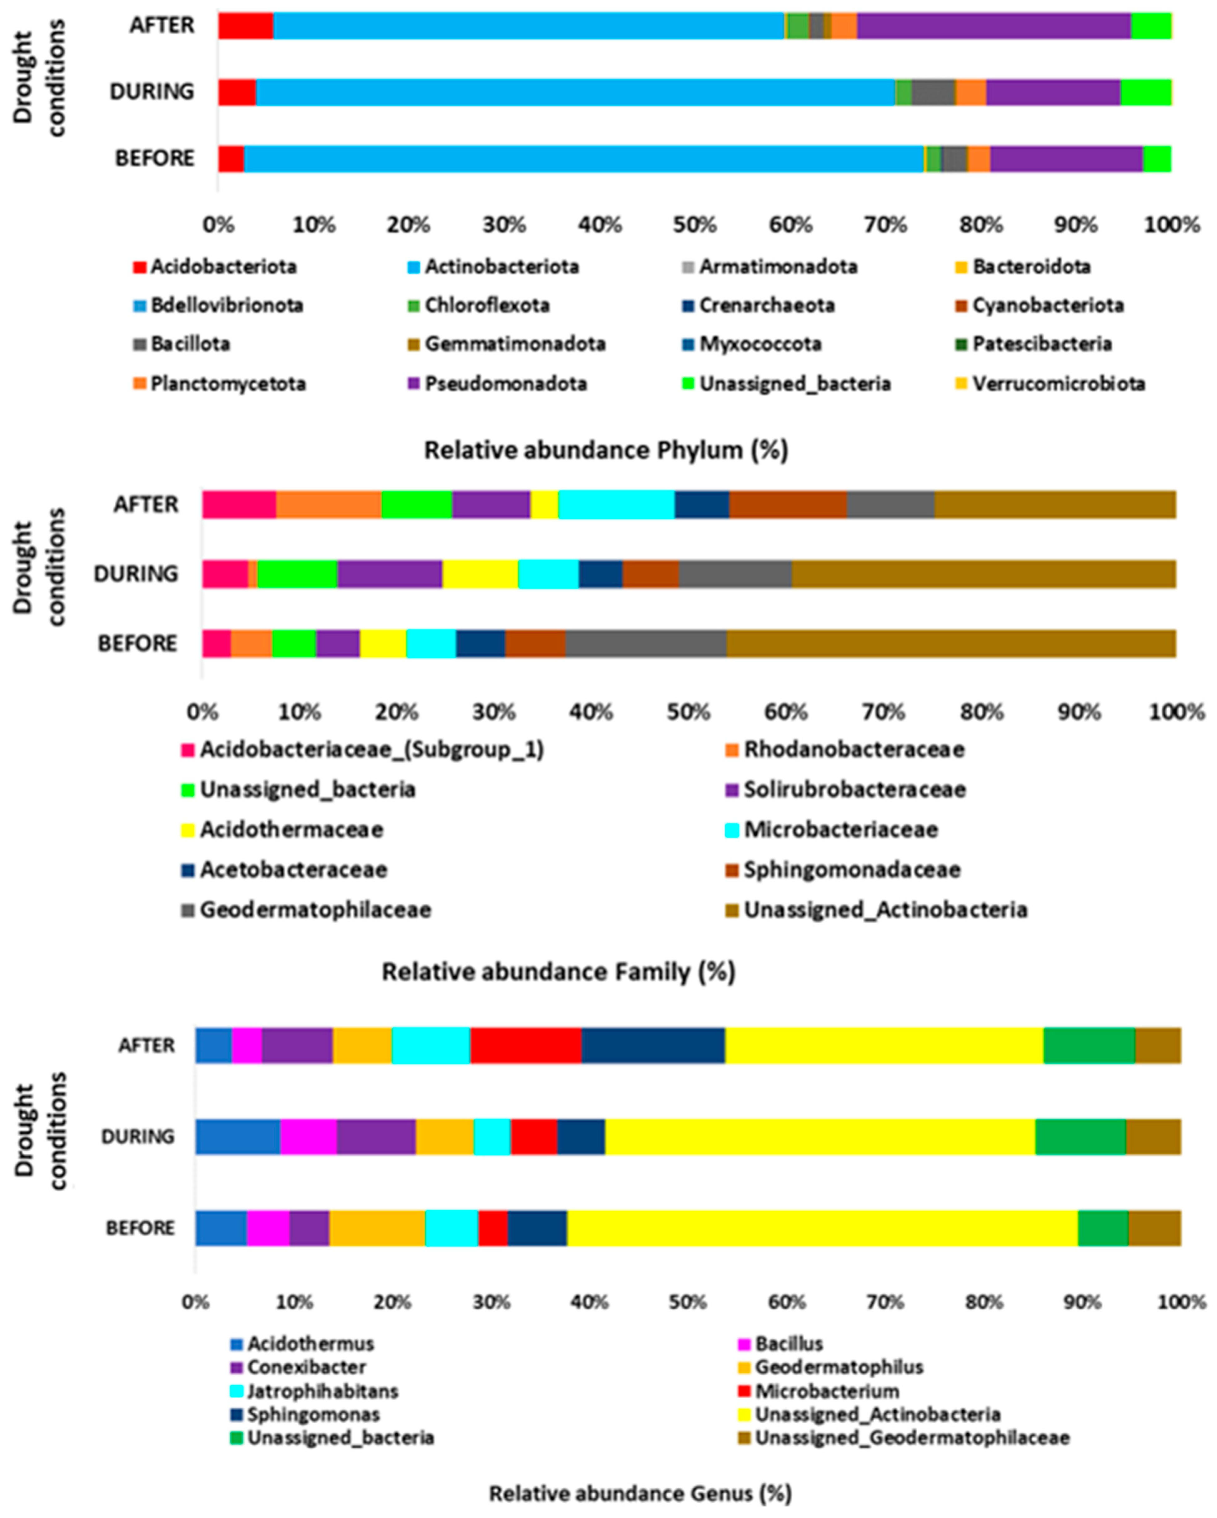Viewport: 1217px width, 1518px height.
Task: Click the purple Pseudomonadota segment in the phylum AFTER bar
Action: coord(993,26)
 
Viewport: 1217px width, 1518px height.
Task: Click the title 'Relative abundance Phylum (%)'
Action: coord(606,450)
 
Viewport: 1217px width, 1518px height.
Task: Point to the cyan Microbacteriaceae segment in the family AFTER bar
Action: coord(616,505)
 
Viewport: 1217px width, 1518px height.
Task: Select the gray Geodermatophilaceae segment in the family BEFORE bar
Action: coord(646,644)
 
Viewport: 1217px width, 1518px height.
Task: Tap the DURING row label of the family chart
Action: coord(136,575)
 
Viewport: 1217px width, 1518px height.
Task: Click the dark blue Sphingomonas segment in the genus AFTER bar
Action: coord(653,1046)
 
